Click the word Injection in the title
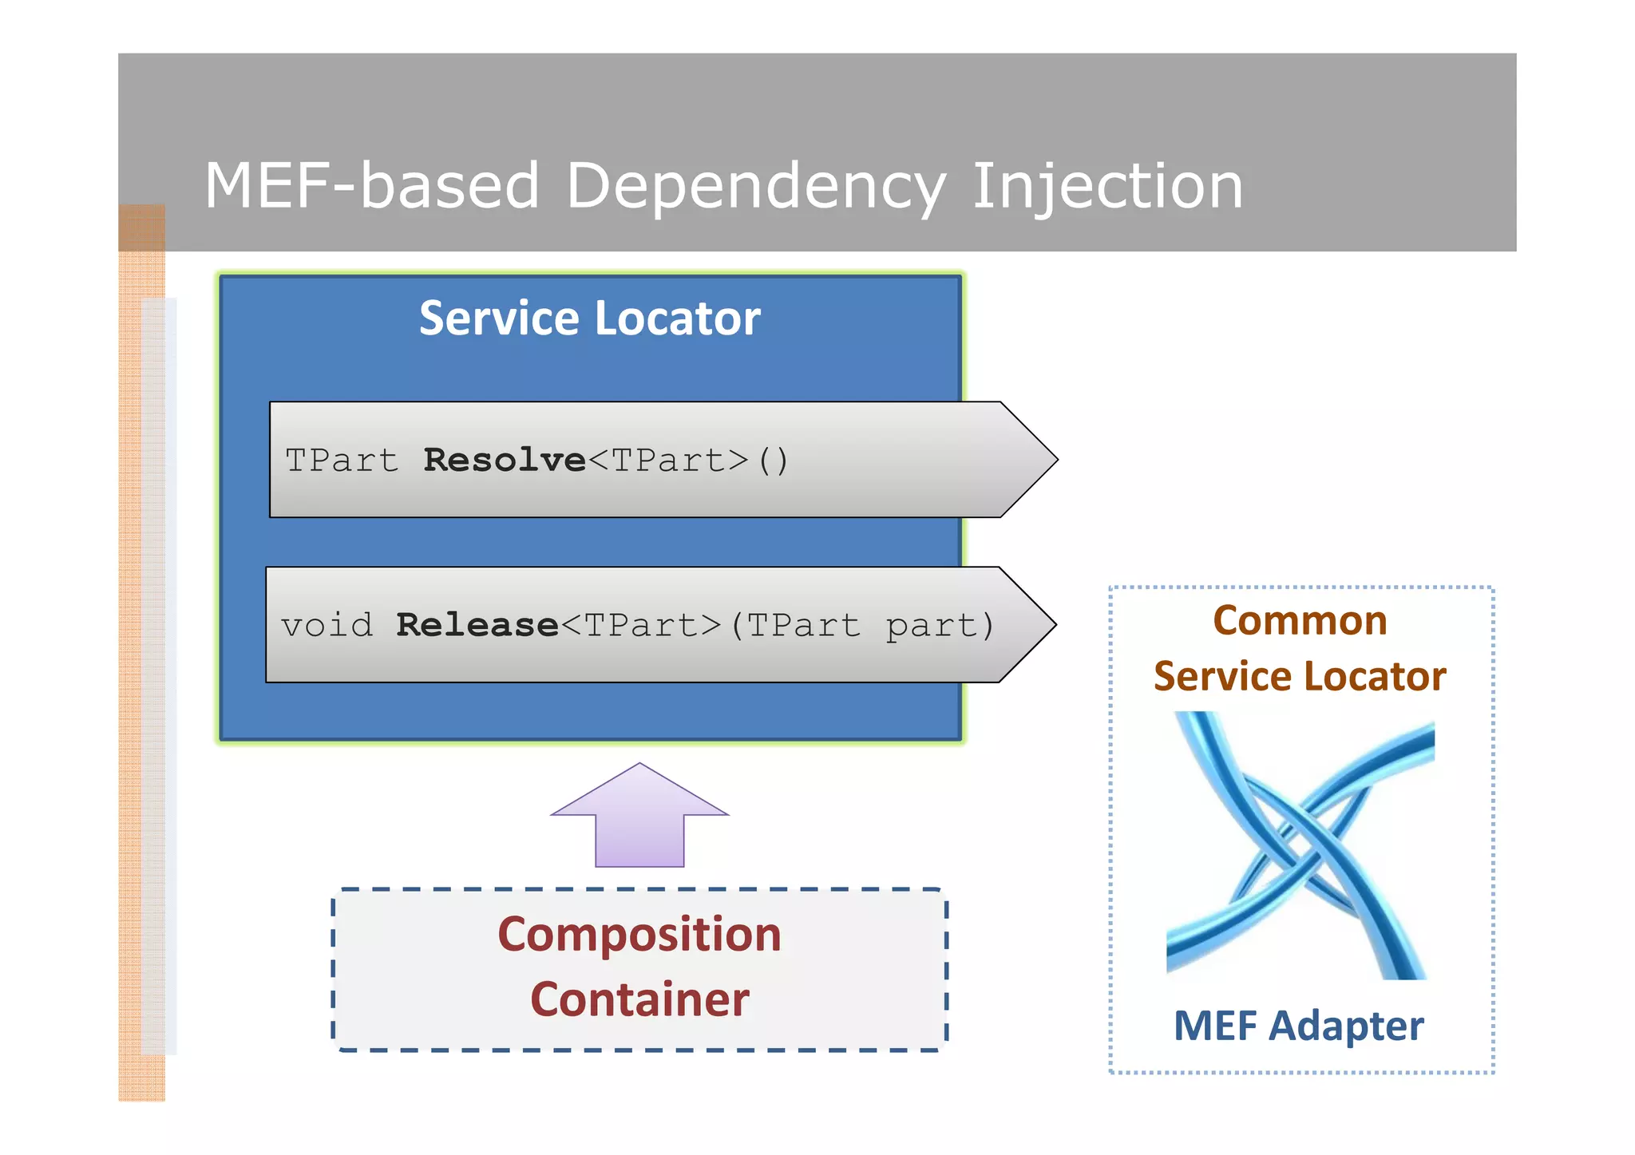[1107, 186]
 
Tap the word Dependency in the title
[755, 186]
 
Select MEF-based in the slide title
[372, 186]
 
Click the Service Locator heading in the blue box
[589, 318]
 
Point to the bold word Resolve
[505, 461]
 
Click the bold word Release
[477, 626]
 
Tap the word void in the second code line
[327, 626]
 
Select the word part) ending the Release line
[940, 626]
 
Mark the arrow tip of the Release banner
[1035, 625]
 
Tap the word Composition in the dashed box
[639, 935]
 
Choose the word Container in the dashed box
[639, 1000]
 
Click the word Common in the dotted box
[1300, 621]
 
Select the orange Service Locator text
[1300, 677]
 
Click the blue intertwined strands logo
[1300, 846]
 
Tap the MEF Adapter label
[1298, 1026]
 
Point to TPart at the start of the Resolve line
[342, 461]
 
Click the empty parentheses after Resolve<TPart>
[773, 461]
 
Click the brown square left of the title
[142, 227]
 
